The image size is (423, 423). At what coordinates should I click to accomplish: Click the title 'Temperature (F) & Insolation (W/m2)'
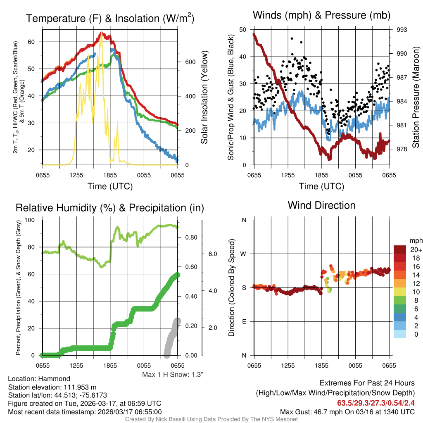[x=110, y=18]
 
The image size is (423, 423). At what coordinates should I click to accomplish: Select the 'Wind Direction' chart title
[x=321, y=205]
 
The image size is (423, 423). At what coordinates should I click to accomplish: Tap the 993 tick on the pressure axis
[x=402, y=30]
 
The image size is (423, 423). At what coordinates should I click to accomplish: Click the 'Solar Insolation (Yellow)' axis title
[x=204, y=97]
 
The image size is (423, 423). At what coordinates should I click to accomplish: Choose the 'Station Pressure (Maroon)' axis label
[x=416, y=97]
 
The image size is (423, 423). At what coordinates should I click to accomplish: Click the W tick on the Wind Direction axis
[x=244, y=254]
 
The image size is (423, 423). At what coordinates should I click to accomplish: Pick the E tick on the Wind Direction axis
[x=244, y=321]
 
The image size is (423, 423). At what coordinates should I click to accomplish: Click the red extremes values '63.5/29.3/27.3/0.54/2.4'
[x=376, y=403]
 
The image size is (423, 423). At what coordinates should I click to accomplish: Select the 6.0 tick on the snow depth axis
[x=211, y=254]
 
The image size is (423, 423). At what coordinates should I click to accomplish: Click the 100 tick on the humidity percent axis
[x=35, y=220]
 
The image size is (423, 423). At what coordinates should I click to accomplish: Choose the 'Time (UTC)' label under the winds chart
[x=321, y=186]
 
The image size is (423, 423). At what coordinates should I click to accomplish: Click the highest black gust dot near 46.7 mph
[x=292, y=38]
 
